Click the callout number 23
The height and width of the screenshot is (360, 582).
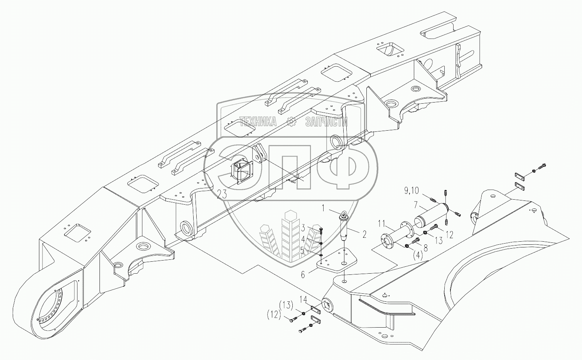(x=222, y=195)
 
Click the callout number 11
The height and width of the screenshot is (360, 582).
(x=381, y=222)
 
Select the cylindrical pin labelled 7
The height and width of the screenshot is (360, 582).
(x=429, y=218)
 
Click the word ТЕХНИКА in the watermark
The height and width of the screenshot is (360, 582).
(x=258, y=122)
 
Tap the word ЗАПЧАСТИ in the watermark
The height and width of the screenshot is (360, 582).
(x=326, y=122)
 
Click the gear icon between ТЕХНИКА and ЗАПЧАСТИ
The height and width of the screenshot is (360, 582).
(x=292, y=122)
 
